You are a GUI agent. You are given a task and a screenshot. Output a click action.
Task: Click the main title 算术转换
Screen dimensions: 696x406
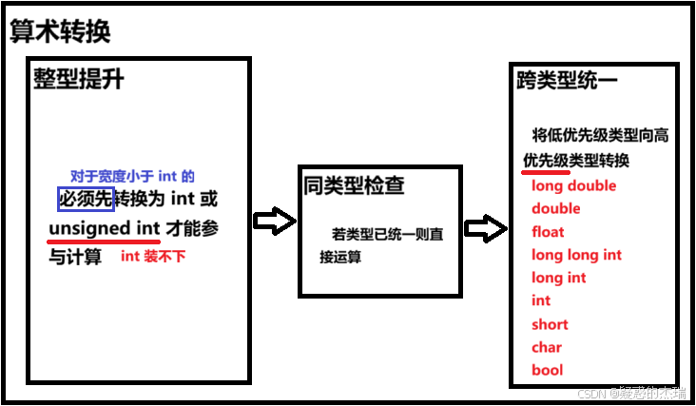coord(60,30)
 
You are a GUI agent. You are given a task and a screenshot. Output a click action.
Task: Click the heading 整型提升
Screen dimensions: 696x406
coord(78,79)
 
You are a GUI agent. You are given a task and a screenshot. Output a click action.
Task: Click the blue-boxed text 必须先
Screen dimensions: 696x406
coord(86,199)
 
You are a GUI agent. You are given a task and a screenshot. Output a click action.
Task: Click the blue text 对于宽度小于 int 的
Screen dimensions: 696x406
coord(132,176)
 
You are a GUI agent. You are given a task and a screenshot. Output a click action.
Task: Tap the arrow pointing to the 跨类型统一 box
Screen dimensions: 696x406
coord(485,228)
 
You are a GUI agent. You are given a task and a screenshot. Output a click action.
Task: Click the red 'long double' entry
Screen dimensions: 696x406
coord(573,185)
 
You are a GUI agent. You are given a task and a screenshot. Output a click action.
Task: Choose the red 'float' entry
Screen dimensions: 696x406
coord(548,231)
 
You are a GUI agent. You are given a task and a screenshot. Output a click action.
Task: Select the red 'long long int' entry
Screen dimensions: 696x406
coord(576,255)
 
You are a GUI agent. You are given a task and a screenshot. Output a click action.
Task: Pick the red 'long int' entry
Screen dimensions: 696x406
coord(559,278)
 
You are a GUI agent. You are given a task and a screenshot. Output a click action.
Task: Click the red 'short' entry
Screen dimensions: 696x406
coord(550,324)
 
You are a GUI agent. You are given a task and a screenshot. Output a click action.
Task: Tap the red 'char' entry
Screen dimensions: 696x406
coord(547,347)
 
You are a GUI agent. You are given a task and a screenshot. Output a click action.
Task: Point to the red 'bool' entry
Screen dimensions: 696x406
coord(547,370)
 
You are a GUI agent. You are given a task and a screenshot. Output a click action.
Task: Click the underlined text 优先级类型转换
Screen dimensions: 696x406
coord(575,160)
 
